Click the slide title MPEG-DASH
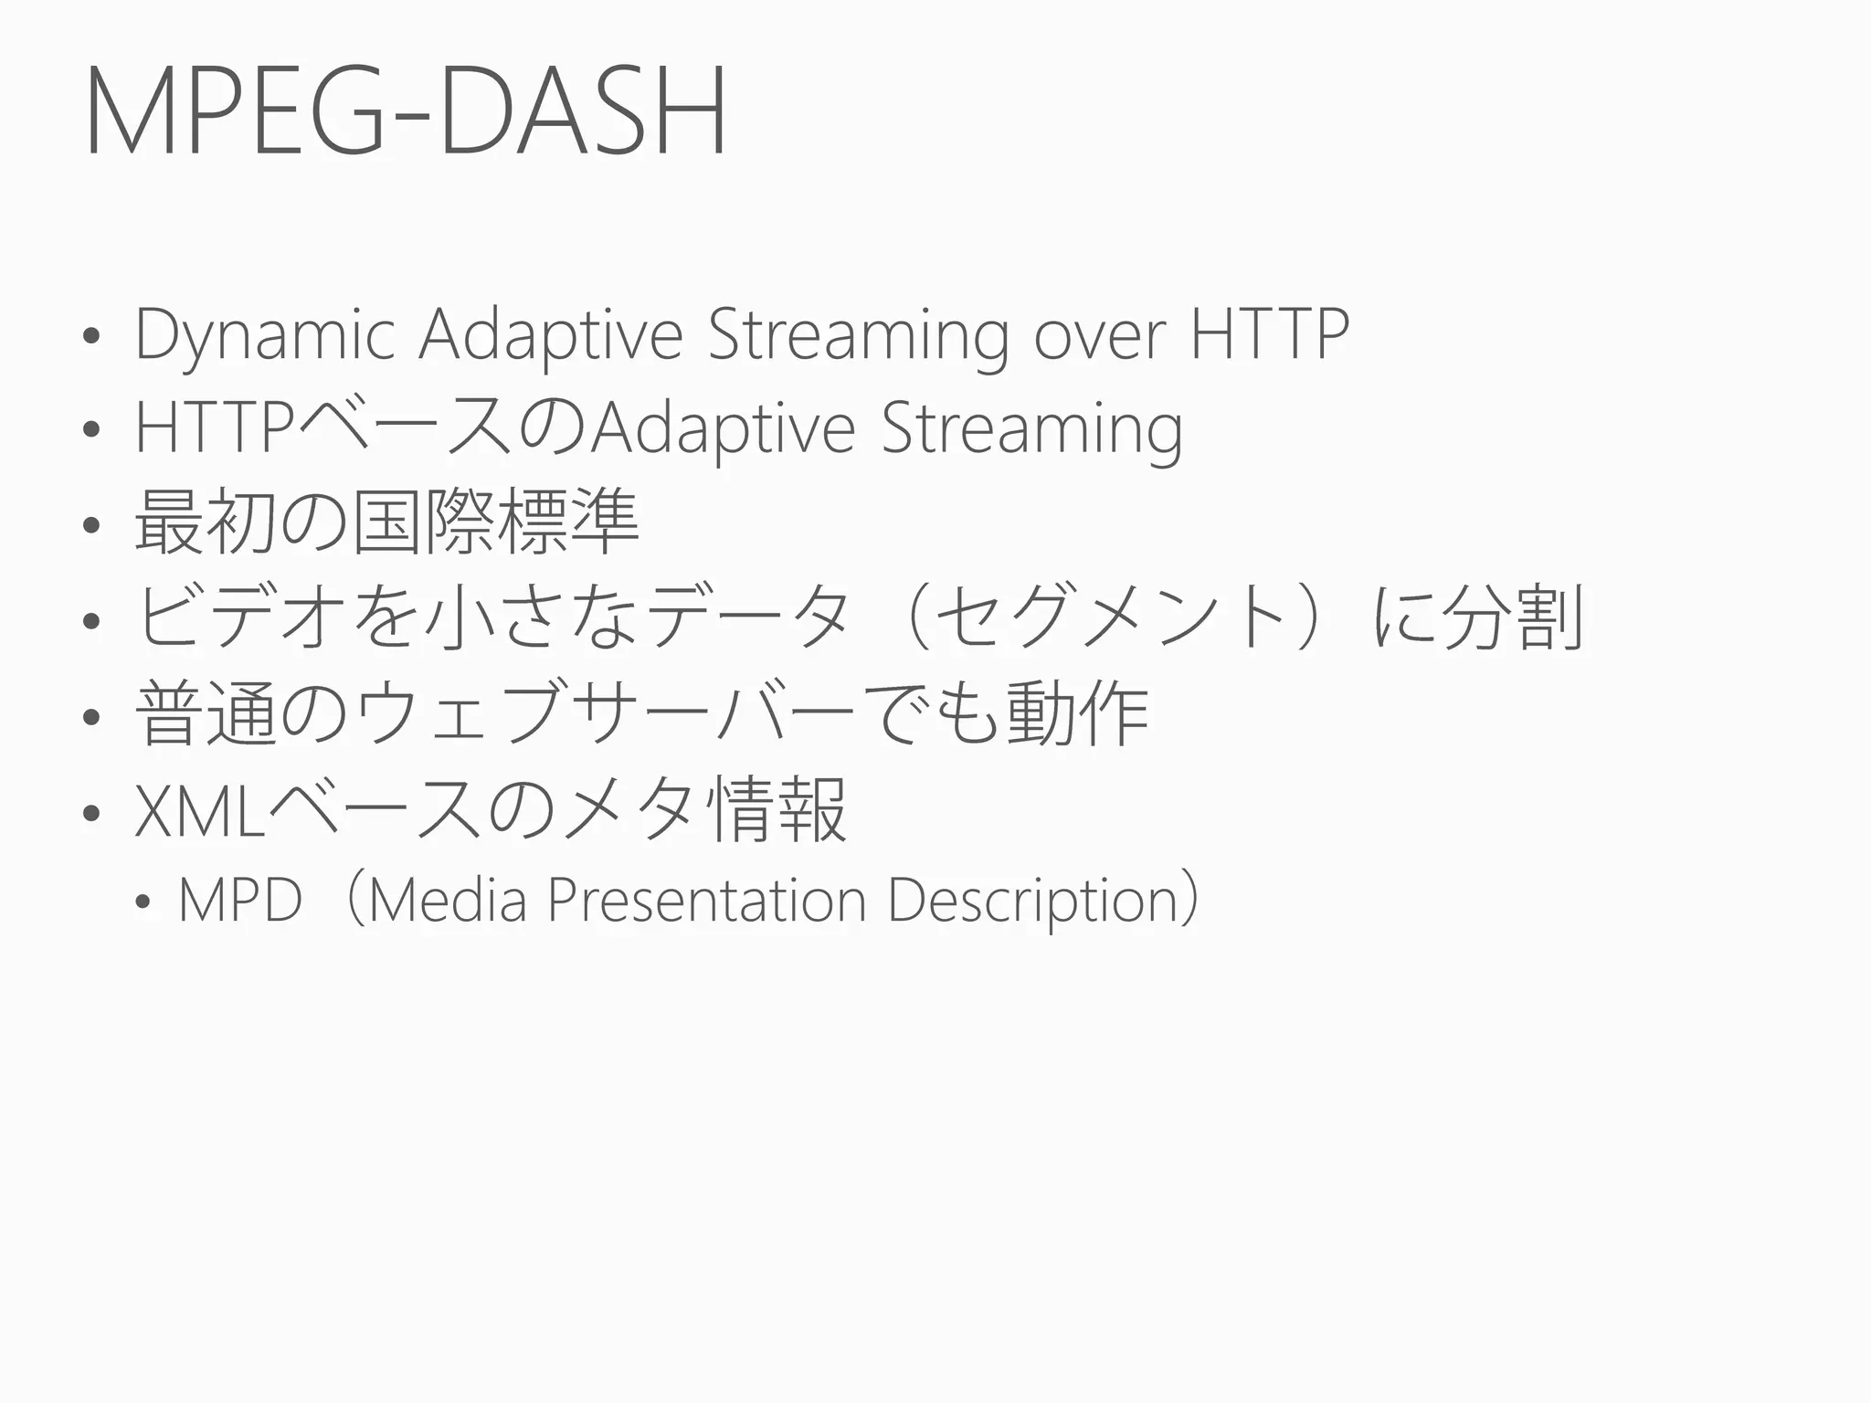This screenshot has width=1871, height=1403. coord(406,111)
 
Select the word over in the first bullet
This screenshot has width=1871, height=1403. coord(1100,334)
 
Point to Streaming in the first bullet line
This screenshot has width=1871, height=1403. coord(859,336)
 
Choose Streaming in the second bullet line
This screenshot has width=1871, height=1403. coord(1032,429)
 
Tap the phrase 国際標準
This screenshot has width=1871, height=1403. coord(496,522)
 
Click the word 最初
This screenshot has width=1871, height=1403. coord(206,522)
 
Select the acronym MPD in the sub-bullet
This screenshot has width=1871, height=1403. coord(240,901)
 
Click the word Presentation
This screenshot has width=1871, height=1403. coord(706,901)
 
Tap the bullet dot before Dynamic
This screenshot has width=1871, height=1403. coord(90,337)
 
